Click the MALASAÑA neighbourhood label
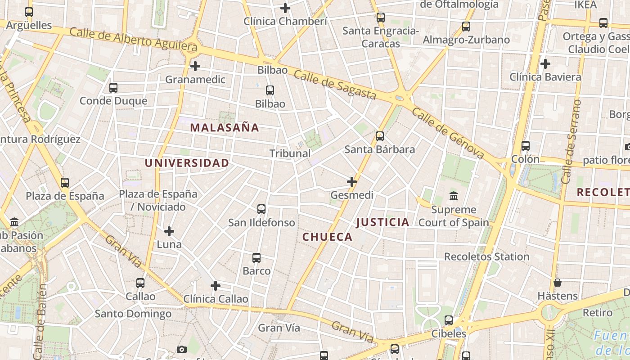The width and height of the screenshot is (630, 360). pyautogui.click(x=225, y=127)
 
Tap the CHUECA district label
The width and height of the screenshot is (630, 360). pyautogui.click(x=327, y=237)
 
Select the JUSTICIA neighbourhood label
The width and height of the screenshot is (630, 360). pyautogui.click(x=383, y=222)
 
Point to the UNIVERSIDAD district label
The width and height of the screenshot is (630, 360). pyautogui.click(x=187, y=163)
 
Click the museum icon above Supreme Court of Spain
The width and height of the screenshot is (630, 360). pyautogui.click(x=454, y=196)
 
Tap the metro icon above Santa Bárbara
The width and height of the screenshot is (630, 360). pyautogui.click(x=380, y=136)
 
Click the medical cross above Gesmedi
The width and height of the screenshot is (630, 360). pyautogui.click(x=352, y=182)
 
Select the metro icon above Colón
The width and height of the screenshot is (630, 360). pyautogui.click(x=526, y=146)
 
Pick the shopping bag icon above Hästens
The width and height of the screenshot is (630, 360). pyautogui.click(x=558, y=283)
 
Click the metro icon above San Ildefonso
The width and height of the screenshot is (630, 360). pyautogui.click(x=261, y=209)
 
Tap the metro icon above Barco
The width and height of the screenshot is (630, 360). pyautogui.click(x=256, y=258)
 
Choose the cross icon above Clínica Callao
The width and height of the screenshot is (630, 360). pyautogui.click(x=216, y=286)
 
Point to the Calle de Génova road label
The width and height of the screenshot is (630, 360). pyautogui.click(x=448, y=133)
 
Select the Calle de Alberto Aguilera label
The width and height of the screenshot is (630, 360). pyautogui.click(x=134, y=39)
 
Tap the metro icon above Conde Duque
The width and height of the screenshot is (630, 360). pyautogui.click(x=113, y=88)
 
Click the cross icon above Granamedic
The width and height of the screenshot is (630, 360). pyautogui.click(x=195, y=66)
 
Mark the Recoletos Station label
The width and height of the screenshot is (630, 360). pyautogui.click(x=486, y=256)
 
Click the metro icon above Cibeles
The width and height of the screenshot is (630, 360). pyautogui.click(x=449, y=320)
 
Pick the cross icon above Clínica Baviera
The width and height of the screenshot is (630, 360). pyautogui.click(x=545, y=64)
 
